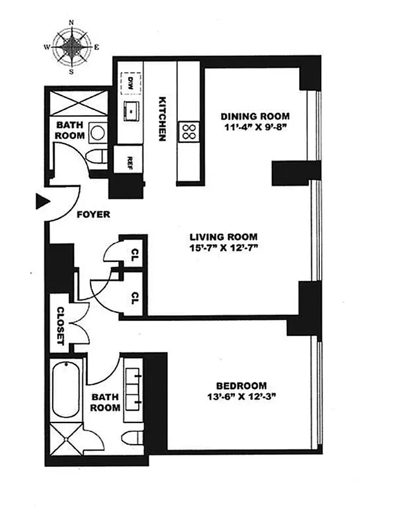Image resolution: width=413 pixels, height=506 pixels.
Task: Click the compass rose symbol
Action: coord(72,46)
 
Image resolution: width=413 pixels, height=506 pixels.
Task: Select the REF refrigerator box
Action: coord(129,159)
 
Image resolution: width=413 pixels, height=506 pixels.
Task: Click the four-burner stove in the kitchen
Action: coord(189,132)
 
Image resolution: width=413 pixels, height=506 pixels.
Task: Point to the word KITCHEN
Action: coord(163,118)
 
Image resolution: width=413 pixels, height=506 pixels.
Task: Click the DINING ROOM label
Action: coord(255,116)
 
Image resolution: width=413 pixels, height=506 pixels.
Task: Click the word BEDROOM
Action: coord(241,386)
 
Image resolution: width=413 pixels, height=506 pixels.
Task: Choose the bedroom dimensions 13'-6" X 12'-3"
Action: coord(241,398)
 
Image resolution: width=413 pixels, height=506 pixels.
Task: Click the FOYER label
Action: coord(93,214)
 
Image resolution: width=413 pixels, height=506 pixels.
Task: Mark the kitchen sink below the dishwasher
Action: coord(130,110)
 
